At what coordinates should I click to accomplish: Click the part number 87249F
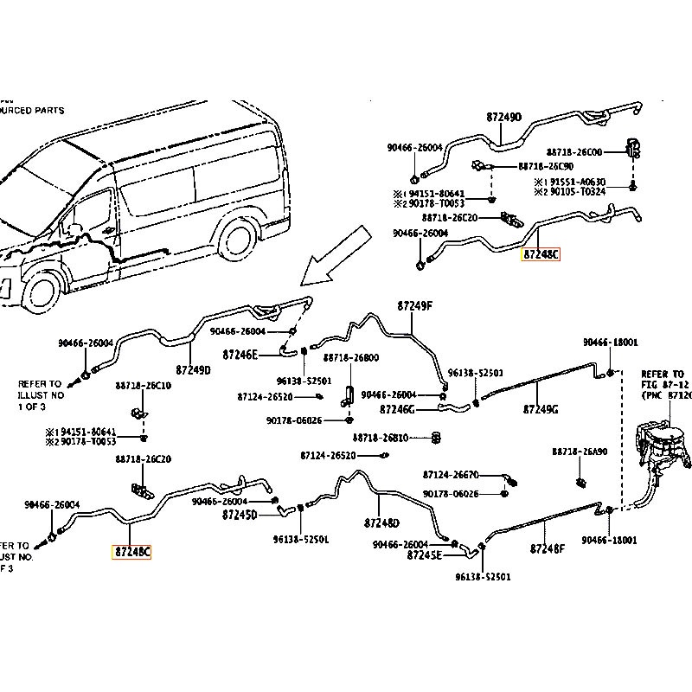click(414, 306)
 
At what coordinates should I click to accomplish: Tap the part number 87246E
click(240, 354)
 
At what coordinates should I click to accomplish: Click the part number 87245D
click(240, 515)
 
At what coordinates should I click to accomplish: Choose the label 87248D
click(381, 523)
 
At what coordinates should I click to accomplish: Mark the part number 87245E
click(425, 554)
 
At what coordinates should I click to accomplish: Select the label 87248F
click(547, 548)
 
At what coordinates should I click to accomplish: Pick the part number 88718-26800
click(351, 357)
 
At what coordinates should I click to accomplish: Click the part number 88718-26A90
click(580, 452)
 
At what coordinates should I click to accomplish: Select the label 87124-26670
click(450, 474)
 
